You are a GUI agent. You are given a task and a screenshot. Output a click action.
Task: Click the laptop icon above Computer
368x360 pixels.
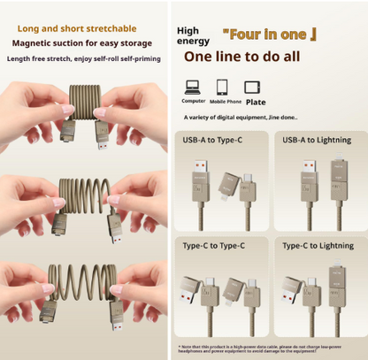pos(193,87)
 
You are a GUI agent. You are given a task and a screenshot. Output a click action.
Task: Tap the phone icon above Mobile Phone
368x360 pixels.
pos(222,87)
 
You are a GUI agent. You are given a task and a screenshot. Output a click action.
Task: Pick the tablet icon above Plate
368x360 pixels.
pos(253,87)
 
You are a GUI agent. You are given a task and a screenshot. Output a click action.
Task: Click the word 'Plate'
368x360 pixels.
pos(255,102)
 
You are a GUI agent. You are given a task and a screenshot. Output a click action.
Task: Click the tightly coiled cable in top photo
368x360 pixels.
pos(84,98)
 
